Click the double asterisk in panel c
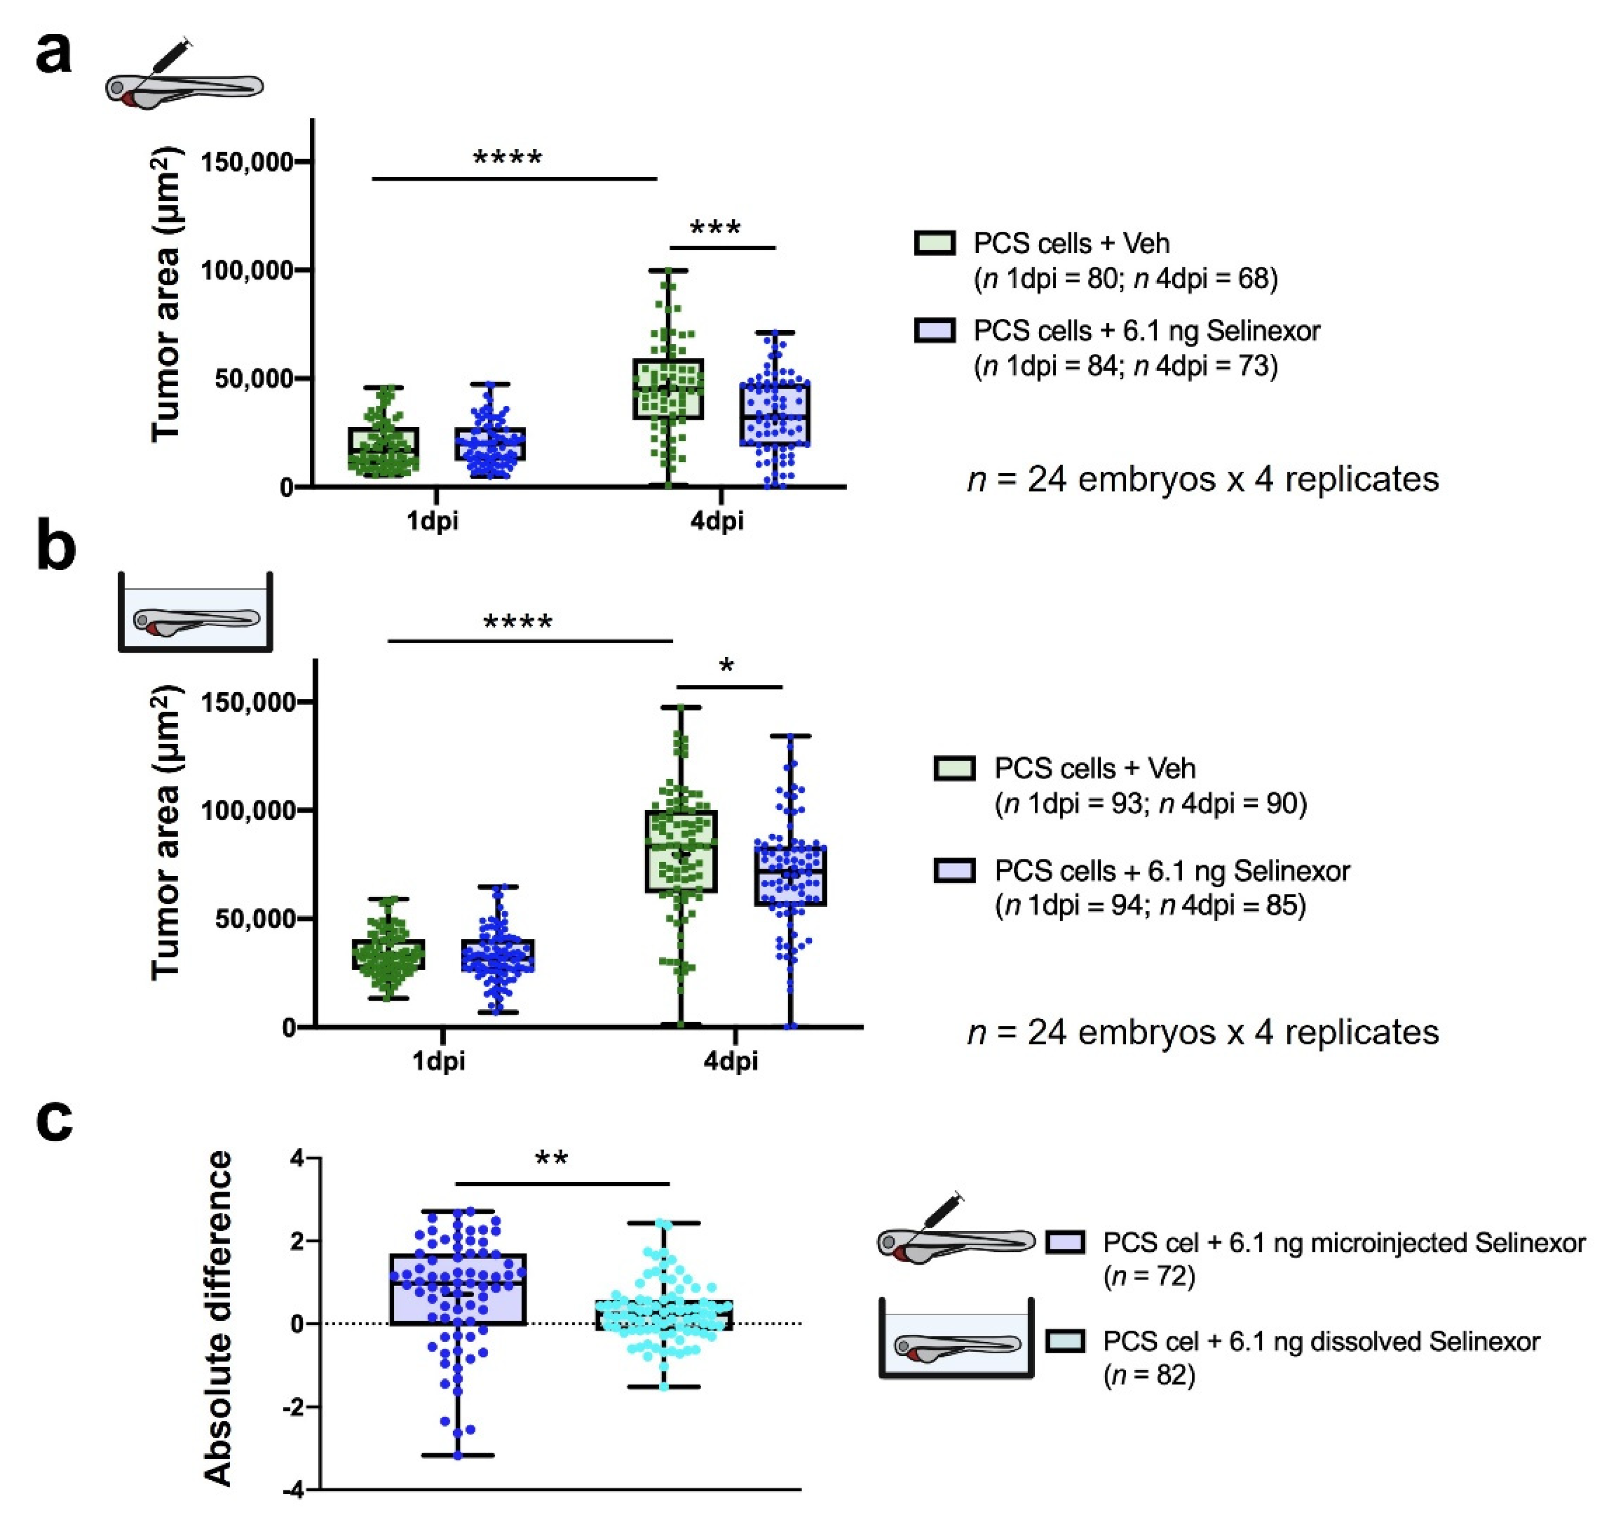coord(551,1159)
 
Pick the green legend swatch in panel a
coord(934,243)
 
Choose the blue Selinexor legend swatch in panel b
coord(955,871)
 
